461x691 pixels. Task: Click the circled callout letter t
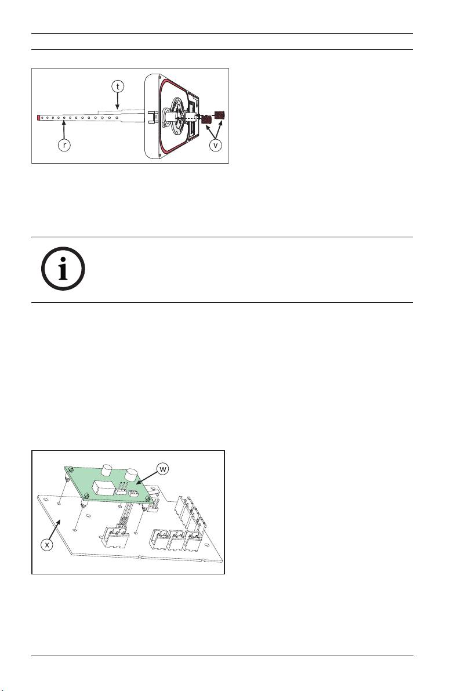118,87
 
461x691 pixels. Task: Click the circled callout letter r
64,146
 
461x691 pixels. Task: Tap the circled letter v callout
215,146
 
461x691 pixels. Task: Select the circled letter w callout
163,469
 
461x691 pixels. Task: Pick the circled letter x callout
47,545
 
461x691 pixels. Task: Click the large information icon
63,269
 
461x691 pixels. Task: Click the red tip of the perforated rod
39,118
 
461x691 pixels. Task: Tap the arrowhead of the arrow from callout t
117,106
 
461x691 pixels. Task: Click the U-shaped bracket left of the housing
152,117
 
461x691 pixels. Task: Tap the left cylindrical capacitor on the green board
107,469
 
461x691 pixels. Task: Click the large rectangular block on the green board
103,489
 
